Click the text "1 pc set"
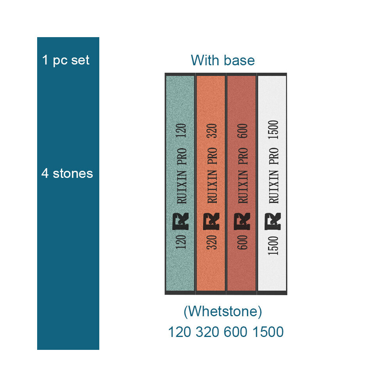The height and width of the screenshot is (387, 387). (66, 60)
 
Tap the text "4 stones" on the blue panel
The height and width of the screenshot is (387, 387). (67, 173)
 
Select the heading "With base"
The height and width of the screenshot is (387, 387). (223, 61)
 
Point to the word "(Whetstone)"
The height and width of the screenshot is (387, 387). (223, 312)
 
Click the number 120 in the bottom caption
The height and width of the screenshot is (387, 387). (179, 332)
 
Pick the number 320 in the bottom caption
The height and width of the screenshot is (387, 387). (207, 332)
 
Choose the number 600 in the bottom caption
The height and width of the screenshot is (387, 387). (235, 332)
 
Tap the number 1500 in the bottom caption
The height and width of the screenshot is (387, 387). (268, 332)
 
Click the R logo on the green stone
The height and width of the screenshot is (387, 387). (181, 221)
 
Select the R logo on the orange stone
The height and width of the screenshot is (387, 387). (211, 221)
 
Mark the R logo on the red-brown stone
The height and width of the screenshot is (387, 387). (242, 221)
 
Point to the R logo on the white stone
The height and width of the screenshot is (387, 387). (273, 221)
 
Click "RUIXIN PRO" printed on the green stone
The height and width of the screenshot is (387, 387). (182, 176)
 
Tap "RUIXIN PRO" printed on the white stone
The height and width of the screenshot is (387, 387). (274, 176)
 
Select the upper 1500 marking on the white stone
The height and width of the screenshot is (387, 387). (273, 129)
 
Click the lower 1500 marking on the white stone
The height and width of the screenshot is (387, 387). (273, 245)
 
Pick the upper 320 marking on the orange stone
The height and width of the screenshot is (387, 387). (212, 131)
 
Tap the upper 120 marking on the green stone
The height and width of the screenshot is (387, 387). (181, 131)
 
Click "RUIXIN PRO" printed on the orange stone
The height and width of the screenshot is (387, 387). (212, 176)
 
